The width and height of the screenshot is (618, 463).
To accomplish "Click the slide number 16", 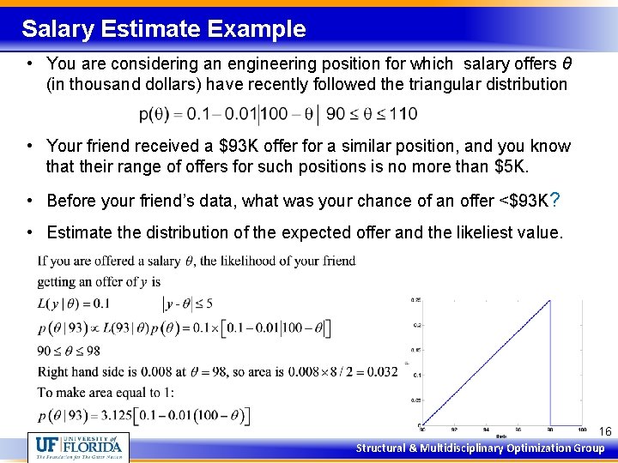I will point(605,431).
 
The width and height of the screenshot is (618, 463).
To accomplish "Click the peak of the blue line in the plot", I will point(549,300).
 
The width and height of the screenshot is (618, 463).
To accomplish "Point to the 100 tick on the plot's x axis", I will point(582,429).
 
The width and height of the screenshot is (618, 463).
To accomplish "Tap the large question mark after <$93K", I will point(555,200).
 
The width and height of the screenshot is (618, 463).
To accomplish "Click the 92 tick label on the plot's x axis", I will point(452,429).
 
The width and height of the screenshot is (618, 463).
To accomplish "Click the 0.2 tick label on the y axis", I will point(416,325).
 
